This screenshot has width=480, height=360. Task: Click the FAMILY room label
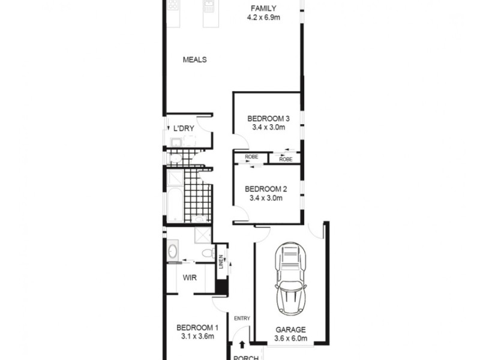[x=263, y=8]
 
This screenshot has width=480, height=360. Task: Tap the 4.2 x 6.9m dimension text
[x=263, y=17]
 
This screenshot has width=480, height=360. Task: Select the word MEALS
[x=195, y=59]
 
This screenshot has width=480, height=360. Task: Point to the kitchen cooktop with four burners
[x=173, y=5]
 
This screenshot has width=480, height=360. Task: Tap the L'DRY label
[x=183, y=128]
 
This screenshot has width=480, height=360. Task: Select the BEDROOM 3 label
[x=265, y=118]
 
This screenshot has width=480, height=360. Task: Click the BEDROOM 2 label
[x=265, y=188]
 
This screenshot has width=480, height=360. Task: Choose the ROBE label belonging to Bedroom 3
[x=286, y=159]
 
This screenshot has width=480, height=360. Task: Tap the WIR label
[x=190, y=278]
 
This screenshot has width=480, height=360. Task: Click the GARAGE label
[x=290, y=329]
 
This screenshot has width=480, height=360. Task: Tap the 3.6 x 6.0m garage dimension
[x=290, y=338]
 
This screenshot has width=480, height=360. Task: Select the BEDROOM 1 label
[x=197, y=328]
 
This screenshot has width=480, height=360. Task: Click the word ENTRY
[x=242, y=319]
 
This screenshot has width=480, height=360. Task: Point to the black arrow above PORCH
[x=242, y=345]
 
